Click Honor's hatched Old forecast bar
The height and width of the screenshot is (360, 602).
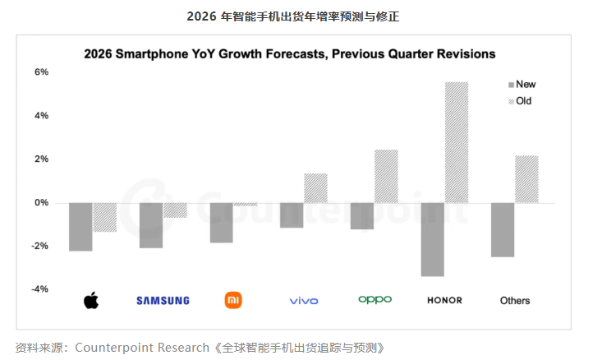(456, 142)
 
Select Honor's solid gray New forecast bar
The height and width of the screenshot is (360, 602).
(432, 239)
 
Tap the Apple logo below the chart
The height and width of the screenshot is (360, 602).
(91, 300)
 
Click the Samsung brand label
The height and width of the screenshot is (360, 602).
(163, 301)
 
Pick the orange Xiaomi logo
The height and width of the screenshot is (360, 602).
(233, 300)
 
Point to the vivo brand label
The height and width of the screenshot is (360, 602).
(304, 301)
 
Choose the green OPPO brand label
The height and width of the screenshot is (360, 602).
(375, 300)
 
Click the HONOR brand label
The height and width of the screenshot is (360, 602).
(444, 301)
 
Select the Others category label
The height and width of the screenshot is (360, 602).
(515, 301)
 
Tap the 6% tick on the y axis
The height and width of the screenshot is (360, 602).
(42, 72)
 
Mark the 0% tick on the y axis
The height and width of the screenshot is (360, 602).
(42, 203)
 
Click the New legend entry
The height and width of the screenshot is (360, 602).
(522, 85)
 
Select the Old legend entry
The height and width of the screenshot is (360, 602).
(522, 101)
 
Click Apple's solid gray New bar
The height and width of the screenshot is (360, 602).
(80, 227)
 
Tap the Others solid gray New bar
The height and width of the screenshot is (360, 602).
(503, 230)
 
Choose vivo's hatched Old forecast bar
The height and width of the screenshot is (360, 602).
(315, 188)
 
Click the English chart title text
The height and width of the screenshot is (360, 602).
(289, 54)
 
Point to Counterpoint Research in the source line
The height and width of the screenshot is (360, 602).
(141, 348)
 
